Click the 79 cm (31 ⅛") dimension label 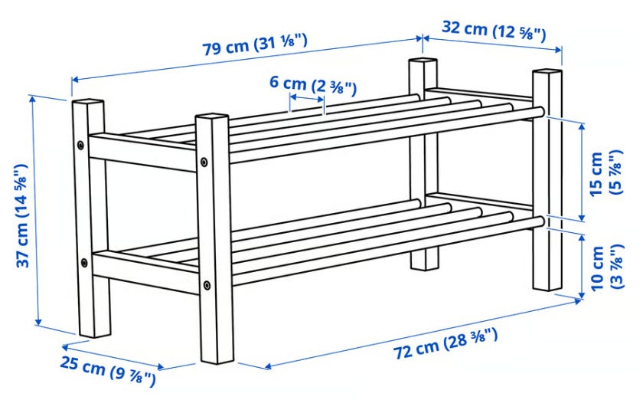[255, 44]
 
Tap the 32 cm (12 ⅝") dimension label [494, 31]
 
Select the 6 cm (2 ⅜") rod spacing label [313, 85]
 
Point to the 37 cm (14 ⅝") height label [22, 215]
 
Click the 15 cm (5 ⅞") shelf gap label [606, 172]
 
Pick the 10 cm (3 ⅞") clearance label [606, 267]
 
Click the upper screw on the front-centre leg [204, 162]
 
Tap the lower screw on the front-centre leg [207, 285]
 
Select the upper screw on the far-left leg [80, 145]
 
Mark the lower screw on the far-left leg [84, 263]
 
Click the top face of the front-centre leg [212, 117]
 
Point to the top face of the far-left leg [88, 102]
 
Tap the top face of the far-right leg [547, 72]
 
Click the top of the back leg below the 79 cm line [423, 61]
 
